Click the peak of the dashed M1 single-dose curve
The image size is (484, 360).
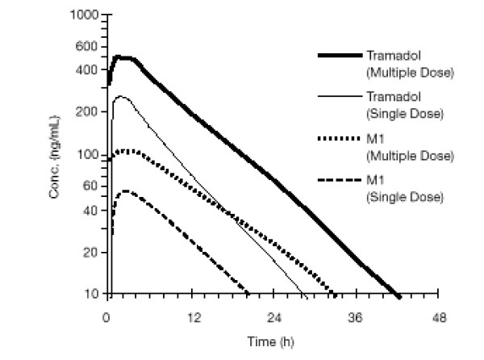point(126,191)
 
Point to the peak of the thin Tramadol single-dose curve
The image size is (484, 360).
point(122,97)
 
